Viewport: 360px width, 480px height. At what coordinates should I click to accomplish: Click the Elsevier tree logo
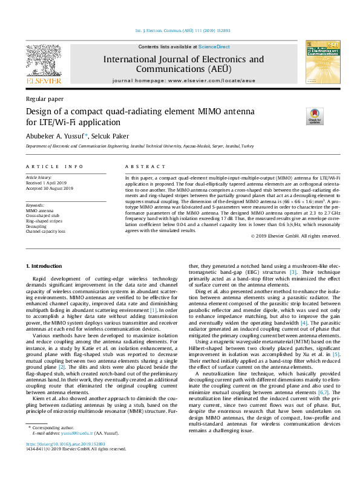click(x=43, y=60)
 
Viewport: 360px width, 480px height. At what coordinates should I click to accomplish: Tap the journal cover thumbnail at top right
click(x=322, y=63)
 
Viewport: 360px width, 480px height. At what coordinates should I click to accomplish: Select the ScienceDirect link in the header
click(x=214, y=47)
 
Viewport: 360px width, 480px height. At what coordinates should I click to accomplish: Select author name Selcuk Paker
click(x=111, y=136)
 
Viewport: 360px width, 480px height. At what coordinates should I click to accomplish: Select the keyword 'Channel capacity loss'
click(x=47, y=232)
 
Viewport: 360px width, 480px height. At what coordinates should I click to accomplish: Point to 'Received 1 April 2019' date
click(x=49, y=183)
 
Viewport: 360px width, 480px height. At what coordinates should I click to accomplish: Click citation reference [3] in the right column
click(x=293, y=272)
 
